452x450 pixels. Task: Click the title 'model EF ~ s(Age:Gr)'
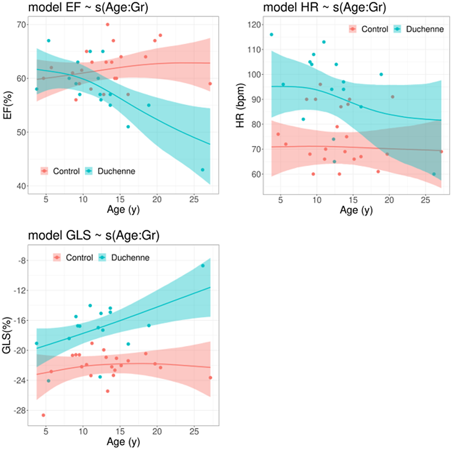[x=88, y=7]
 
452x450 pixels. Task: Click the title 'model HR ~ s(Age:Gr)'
[x=324, y=7]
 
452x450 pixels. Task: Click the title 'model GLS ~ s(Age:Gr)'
[x=94, y=235]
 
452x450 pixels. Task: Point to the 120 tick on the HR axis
[x=254, y=25]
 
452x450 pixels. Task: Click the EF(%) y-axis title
[x=7, y=105]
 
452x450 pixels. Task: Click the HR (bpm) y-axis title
[x=240, y=105]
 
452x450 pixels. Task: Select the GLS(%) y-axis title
[x=6, y=335]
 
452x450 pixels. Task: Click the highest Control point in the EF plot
[x=107, y=25]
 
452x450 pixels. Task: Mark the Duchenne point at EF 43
[x=203, y=170]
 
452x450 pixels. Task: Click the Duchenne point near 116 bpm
[x=271, y=35]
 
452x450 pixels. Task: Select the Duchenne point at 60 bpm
[x=434, y=174]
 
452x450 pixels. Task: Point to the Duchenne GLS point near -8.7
[x=203, y=266]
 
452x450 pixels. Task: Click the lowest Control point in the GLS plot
[x=43, y=415]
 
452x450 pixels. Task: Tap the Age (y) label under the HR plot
[x=356, y=210]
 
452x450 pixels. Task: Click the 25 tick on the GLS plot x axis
[x=194, y=432]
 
